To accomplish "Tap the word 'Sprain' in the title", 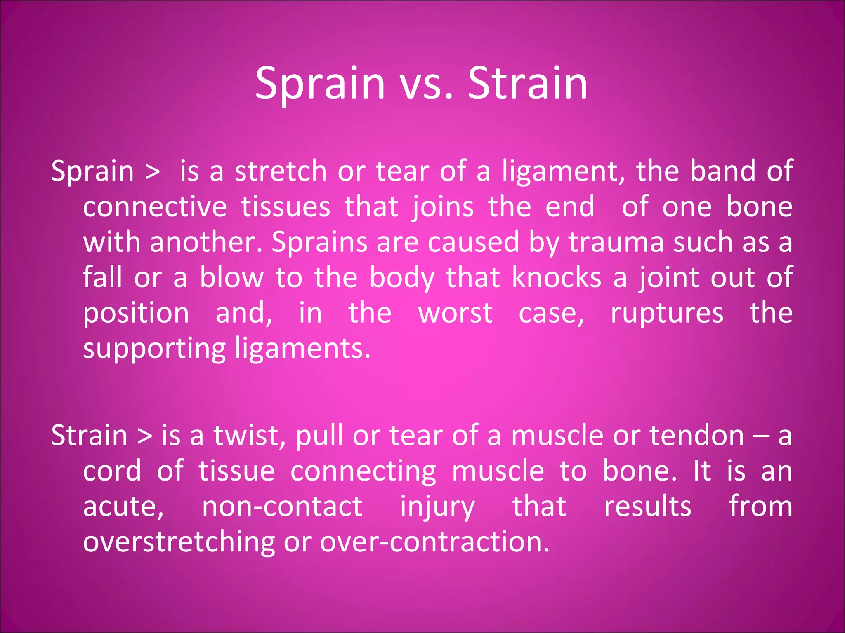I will [320, 84].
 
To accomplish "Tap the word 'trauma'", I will [616, 242].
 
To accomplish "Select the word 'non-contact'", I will [282, 507].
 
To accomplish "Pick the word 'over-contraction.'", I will [435, 542].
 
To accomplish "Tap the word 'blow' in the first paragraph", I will [231, 277].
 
